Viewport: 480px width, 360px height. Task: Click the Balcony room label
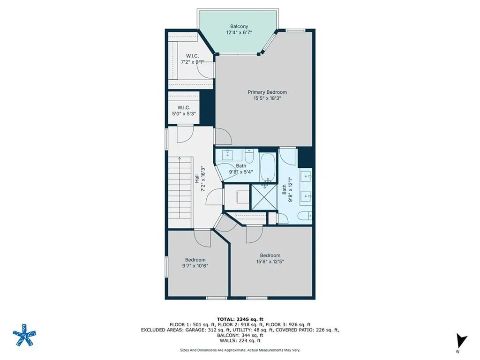coord(239,27)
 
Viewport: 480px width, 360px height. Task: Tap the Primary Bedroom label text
coord(267,92)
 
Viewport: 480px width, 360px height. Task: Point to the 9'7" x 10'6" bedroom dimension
coord(195,266)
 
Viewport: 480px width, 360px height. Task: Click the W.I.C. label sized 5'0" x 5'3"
coord(184,108)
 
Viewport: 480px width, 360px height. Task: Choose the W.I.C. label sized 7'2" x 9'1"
coord(193,56)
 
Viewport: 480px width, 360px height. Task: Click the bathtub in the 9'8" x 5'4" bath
coord(268,167)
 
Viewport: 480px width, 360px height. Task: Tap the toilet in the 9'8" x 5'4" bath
coord(248,156)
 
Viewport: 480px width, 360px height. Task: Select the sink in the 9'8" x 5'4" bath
coord(227,155)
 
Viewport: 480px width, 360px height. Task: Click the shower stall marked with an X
coord(264,197)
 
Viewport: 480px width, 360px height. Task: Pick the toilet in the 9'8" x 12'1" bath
coord(305,216)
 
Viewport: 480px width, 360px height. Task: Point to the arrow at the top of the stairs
coord(180,159)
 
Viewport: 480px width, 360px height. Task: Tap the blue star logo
coord(24,335)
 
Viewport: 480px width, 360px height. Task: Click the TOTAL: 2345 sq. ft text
coord(240,319)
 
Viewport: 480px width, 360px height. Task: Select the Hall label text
coord(197,179)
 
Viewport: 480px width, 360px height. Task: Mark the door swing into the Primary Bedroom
coord(223,136)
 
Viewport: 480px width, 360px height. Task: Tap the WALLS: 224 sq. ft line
coord(240,340)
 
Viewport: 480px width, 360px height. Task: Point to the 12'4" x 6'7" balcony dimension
coord(239,32)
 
